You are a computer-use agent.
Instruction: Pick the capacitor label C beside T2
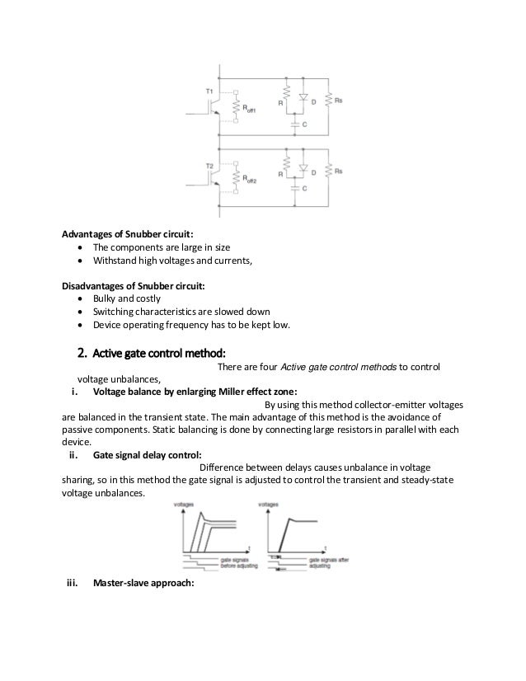pos(304,188)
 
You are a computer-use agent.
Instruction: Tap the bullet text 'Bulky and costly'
pos(129,298)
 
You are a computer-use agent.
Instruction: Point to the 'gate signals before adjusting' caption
pos(237,563)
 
